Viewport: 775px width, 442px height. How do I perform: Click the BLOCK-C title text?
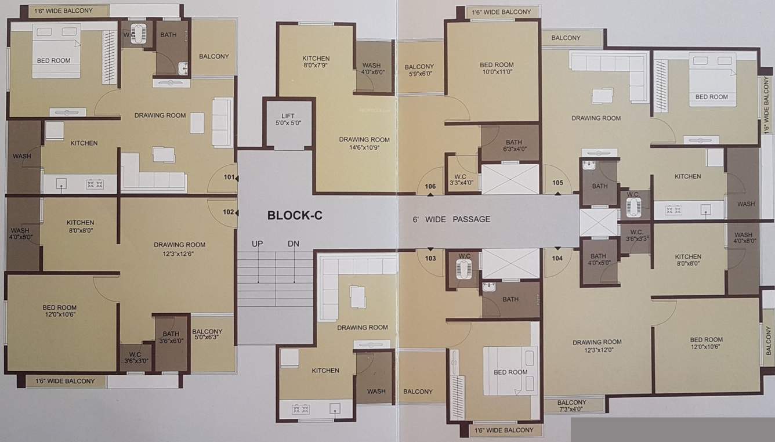tap(295, 216)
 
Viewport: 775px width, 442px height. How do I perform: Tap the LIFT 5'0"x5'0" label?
tap(288, 119)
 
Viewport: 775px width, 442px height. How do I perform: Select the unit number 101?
tap(230, 177)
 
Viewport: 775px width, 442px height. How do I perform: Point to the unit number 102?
tap(229, 212)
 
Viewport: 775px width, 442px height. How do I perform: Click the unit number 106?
tap(430, 186)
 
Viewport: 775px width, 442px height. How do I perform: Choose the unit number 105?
tap(557, 183)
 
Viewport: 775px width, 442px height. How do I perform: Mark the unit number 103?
tap(430, 258)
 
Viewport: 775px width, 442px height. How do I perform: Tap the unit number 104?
tap(557, 258)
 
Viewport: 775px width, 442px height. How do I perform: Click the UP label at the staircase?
tap(258, 244)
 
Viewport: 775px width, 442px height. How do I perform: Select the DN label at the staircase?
tap(293, 244)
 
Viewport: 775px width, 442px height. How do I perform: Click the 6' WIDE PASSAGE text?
tap(451, 219)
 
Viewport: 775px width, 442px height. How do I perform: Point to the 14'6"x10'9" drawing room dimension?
tap(364, 148)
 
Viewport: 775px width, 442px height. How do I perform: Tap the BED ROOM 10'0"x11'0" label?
tap(496, 68)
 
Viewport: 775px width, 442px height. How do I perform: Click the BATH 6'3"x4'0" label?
tap(513, 146)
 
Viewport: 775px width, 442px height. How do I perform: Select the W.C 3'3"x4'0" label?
tap(462, 179)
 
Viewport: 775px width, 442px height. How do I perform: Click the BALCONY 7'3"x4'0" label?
tap(571, 405)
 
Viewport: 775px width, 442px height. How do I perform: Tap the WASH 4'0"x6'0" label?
tap(371, 69)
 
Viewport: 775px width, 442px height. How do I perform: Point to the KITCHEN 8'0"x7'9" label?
tap(316, 62)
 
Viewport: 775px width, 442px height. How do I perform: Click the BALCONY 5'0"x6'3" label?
tap(207, 335)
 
